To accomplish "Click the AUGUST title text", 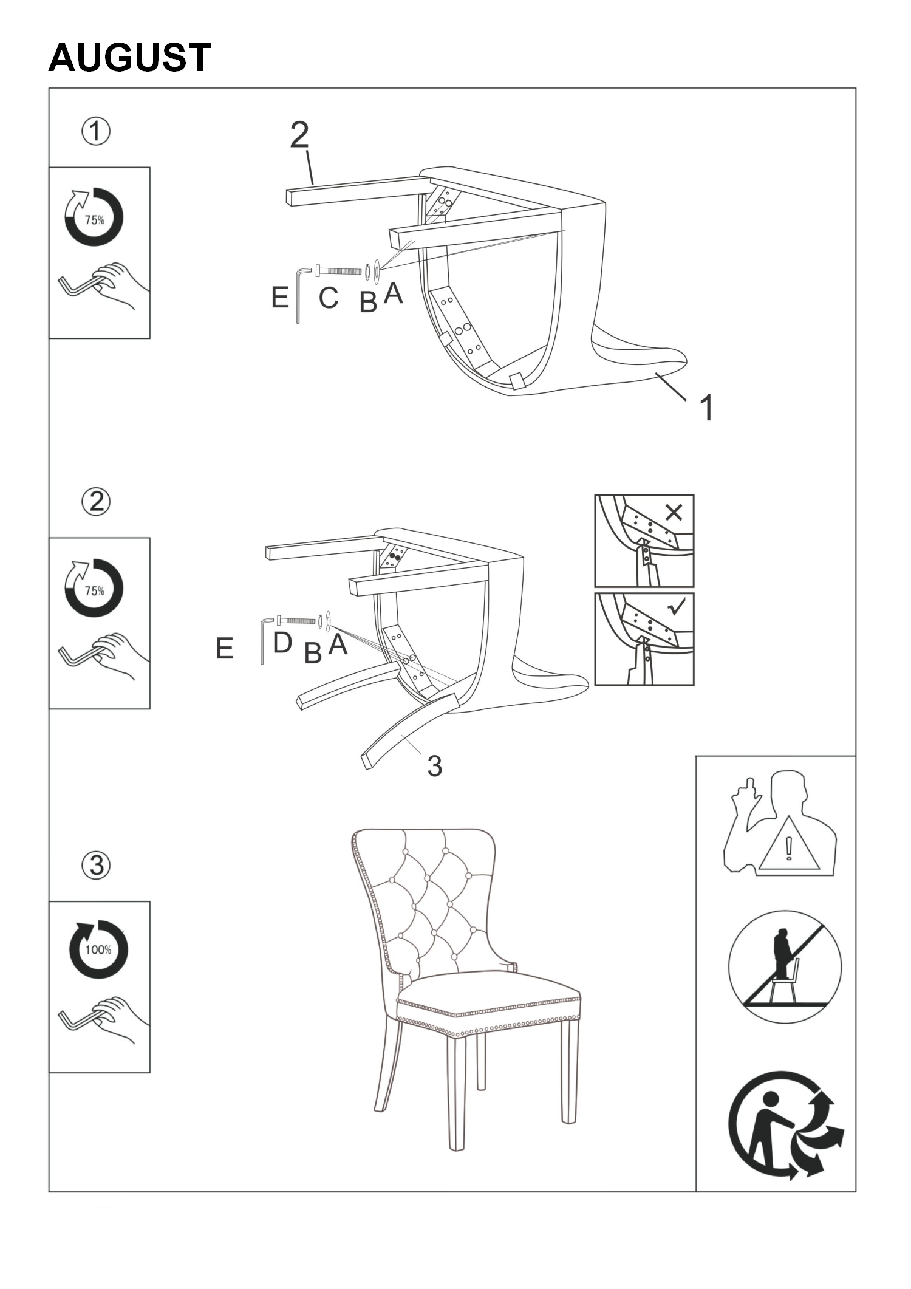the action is (x=130, y=58).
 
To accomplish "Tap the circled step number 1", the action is (x=96, y=132).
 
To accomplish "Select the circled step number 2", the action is (x=96, y=502).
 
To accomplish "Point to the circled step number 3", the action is (x=96, y=865).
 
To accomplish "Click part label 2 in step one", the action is (x=299, y=135).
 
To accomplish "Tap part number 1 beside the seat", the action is (x=707, y=407).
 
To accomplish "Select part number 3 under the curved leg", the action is (x=435, y=766).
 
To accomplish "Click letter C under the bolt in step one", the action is (x=329, y=298).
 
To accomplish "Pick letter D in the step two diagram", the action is (x=282, y=643).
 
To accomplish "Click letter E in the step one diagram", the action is (x=280, y=298).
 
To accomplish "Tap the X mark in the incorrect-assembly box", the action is (x=674, y=513).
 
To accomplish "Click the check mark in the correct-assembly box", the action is (x=676, y=606).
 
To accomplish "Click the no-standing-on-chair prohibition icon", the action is (x=785, y=968).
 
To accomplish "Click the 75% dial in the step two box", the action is (x=94, y=587).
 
